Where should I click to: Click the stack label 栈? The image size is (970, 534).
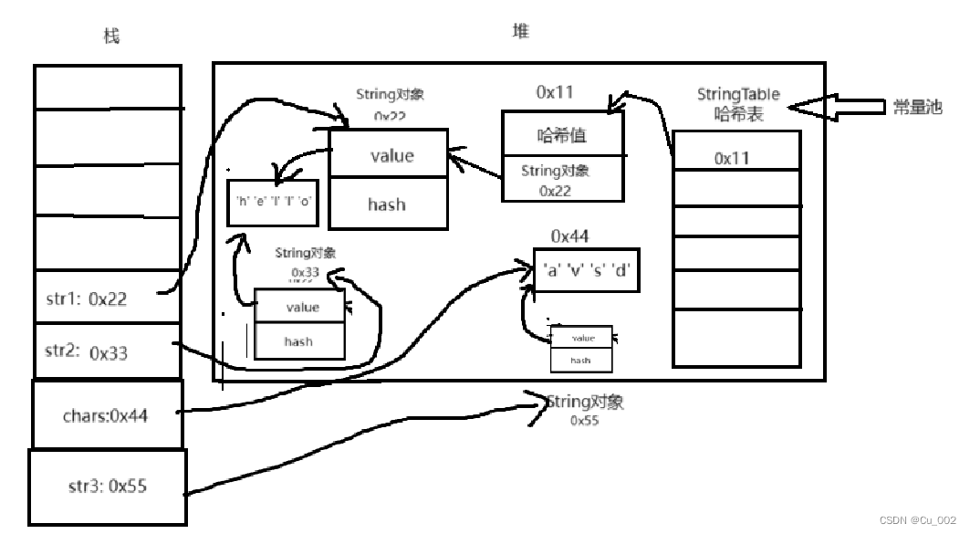[111, 37]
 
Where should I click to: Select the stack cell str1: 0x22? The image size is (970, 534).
[107, 298]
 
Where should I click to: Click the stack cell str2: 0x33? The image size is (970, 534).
[107, 351]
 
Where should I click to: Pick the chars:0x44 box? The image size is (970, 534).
[107, 415]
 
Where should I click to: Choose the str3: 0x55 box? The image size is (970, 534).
[107, 487]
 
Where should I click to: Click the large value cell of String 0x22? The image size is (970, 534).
[389, 155]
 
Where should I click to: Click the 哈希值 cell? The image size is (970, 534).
[561, 136]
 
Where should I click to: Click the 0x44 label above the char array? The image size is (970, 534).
[569, 236]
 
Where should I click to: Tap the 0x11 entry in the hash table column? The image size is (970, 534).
[732, 159]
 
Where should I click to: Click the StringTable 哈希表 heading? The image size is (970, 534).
[738, 104]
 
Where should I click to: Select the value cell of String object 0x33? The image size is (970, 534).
[300, 308]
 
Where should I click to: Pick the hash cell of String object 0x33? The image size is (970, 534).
[298, 341]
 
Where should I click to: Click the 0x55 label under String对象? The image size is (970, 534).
[584, 421]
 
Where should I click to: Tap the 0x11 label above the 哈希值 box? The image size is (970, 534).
[554, 91]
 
